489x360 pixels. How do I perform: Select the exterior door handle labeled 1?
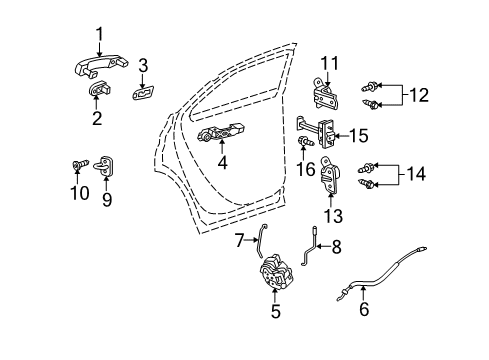(x=98, y=70)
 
